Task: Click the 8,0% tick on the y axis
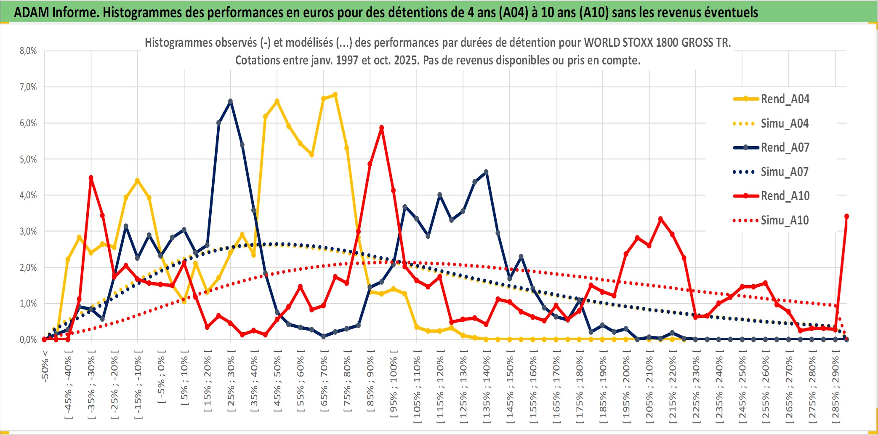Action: click(28, 51)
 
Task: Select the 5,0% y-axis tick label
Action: click(28, 159)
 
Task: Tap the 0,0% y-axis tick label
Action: click(28, 339)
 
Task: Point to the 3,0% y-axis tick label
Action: click(28, 231)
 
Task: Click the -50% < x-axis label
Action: click(45, 366)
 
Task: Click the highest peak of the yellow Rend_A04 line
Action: click(335, 95)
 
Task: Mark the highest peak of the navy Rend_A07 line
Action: click(230, 101)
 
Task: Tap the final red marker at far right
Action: click(846, 216)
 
